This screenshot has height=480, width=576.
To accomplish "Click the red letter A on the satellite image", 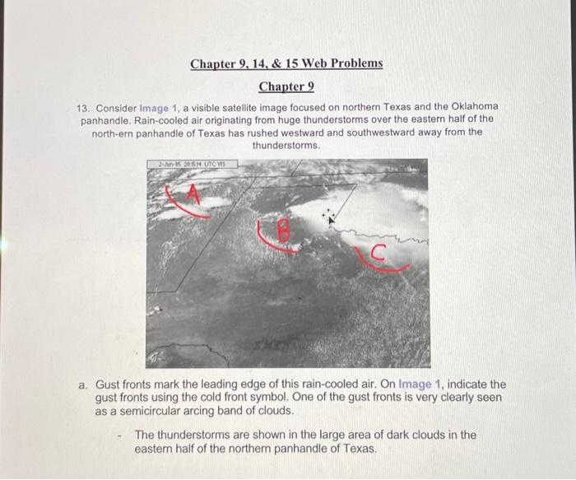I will click(x=193, y=194).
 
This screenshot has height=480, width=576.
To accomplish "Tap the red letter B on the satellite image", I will click(x=283, y=233).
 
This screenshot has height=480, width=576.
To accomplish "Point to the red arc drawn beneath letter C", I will click(x=383, y=265).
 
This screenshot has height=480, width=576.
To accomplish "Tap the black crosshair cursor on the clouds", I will click(x=330, y=217).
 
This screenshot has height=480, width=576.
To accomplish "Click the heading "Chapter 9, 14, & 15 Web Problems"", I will click(x=286, y=63).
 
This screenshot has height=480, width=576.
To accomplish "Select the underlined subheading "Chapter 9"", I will click(x=286, y=86).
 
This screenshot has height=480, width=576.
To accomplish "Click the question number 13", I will click(x=82, y=108).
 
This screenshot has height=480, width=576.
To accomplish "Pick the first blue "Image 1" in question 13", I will click(x=160, y=108).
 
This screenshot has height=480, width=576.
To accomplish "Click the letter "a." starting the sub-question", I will click(x=83, y=384).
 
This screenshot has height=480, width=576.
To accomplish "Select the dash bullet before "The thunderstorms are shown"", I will click(x=119, y=435).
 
